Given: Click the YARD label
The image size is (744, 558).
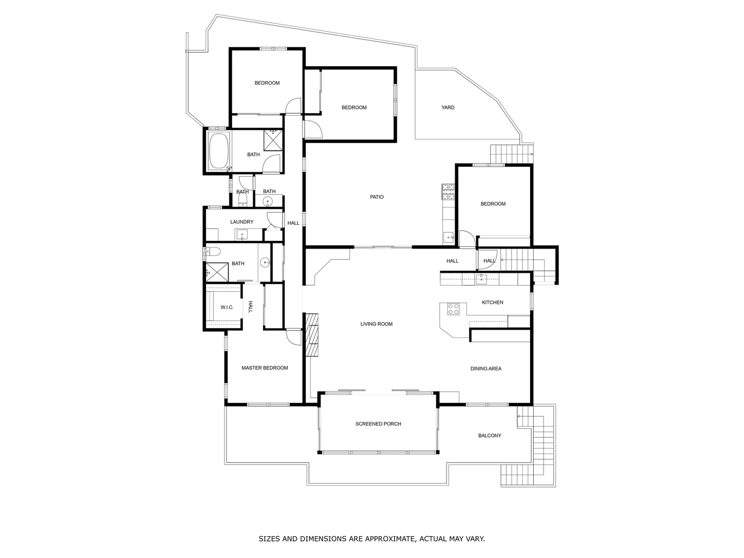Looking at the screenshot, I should (x=447, y=107).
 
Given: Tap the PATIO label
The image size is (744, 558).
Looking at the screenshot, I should (x=377, y=197).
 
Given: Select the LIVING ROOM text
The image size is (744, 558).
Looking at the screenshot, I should (x=376, y=324).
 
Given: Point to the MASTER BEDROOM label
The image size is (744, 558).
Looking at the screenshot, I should (x=265, y=368).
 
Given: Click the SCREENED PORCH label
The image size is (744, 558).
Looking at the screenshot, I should (x=378, y=424).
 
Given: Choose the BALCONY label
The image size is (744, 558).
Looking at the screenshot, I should (x=489, y=436).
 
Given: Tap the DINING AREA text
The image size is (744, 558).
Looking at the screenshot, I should (x=486, y=368).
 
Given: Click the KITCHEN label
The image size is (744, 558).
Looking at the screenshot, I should (x=492, y=302).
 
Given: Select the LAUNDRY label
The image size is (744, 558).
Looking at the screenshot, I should (x=242, y=222).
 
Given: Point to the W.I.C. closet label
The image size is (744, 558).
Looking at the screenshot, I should (x=227, y=307).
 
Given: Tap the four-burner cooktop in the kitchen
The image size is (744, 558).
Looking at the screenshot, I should (x=453, y=309).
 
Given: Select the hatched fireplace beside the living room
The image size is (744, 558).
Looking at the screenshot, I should (x=312, y=335).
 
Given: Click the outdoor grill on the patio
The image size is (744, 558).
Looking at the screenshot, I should (x=447, y=192).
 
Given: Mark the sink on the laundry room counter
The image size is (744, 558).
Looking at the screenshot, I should (x=242, y=235).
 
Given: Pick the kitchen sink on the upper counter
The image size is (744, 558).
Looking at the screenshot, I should (x=481, y=280).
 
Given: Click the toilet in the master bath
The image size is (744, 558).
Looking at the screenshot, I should (x=213, y=252).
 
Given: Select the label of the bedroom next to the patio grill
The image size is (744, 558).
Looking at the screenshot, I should (x=493, y=204).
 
